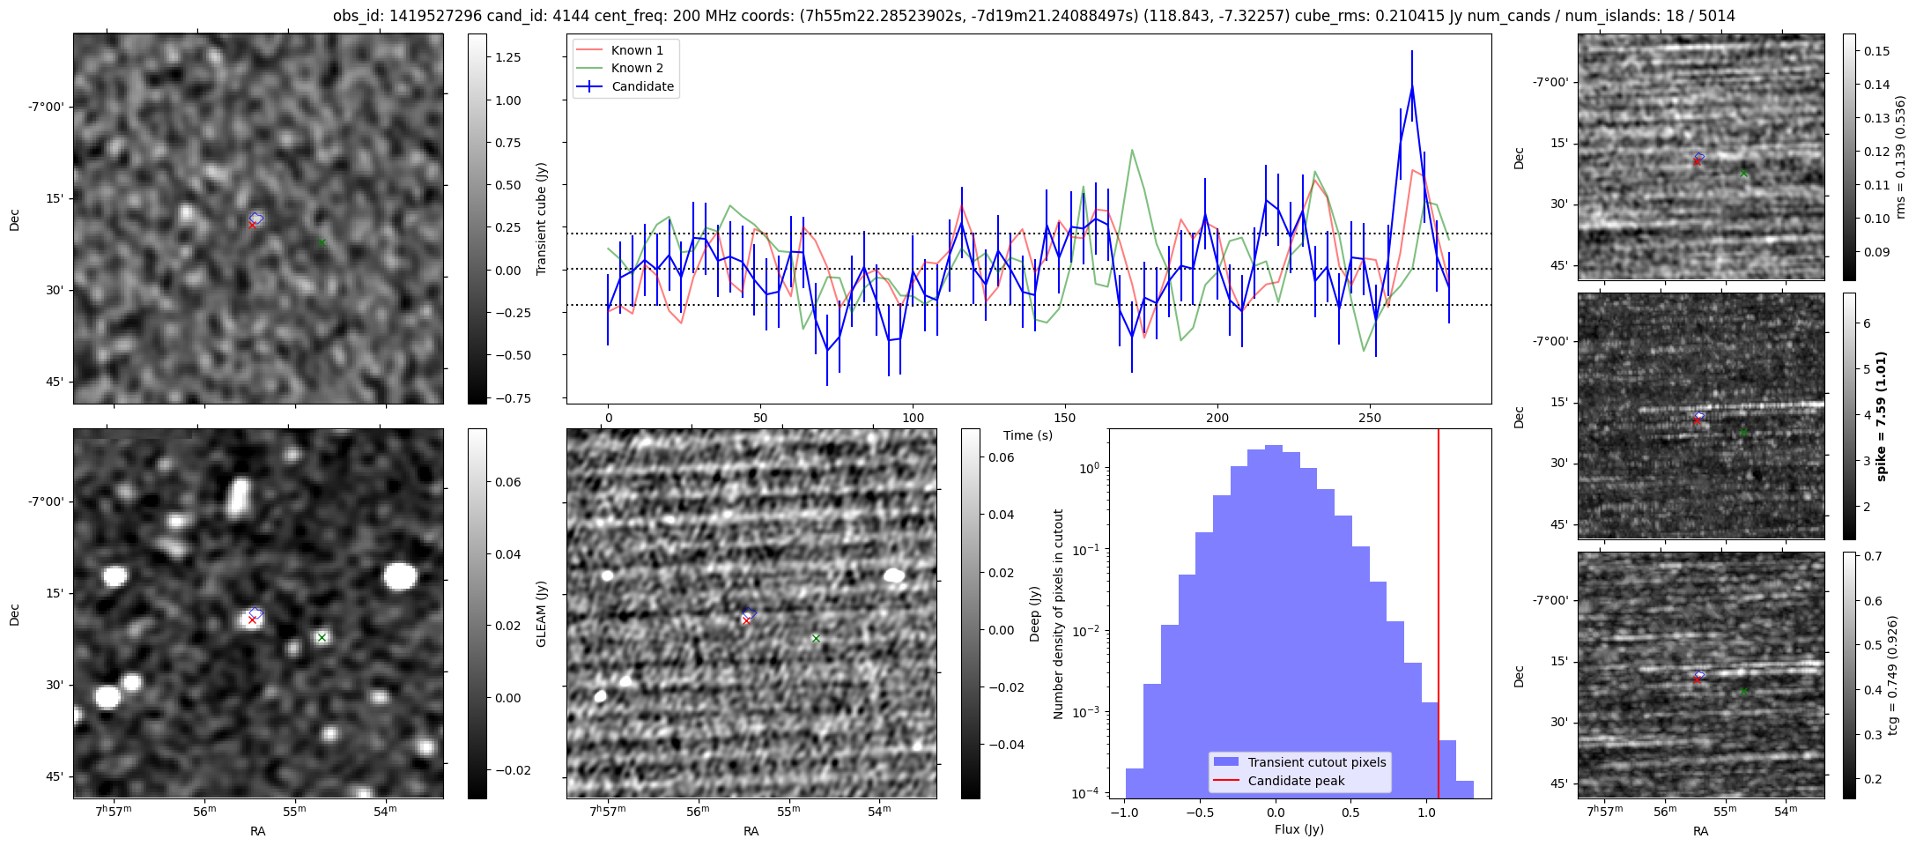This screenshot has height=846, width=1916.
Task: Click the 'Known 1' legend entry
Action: point(637,50)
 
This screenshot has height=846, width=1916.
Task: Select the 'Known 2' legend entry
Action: point(637,68)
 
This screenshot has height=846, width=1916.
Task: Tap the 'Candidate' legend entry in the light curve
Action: point(642,86)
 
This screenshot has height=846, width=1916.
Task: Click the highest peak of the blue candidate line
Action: point(1412,87)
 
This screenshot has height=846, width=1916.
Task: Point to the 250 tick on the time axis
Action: point(1370,418)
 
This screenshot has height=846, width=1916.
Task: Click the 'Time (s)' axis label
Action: point(1027,435)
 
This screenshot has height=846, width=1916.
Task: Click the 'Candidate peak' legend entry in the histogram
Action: point(1296,781)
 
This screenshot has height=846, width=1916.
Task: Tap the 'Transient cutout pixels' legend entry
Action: point(1316,762)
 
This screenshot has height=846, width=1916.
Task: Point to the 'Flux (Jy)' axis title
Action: point(1298,829)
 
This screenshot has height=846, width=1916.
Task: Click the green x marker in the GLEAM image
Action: point(322,637)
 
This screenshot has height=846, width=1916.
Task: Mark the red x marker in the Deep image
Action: point(746,621)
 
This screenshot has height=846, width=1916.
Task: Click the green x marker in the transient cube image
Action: point(322,242)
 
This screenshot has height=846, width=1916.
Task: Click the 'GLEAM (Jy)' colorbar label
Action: point(541,613)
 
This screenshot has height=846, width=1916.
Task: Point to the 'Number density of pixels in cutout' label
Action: point(1059,613)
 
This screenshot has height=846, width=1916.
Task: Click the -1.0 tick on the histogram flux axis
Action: point(1123,812)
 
